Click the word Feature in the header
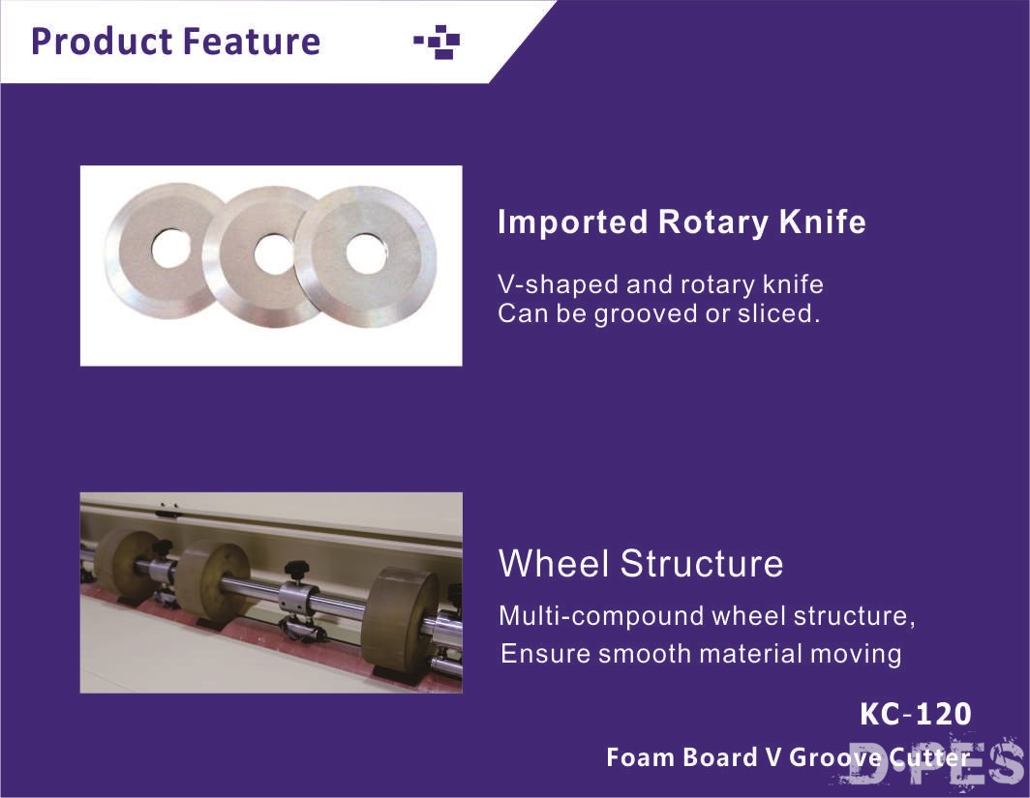[x=252, y=42]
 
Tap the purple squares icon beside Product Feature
[x=437, y=42]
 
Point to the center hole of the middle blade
[x=272, y=253]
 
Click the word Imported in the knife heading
[x=573, y=222]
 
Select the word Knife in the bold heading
[x=823, y=222]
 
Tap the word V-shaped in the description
[x=558, y=285]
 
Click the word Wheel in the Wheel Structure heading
[x=553, y=563]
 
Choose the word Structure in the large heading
[x=702, y=563]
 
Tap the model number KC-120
[x=915, y=714]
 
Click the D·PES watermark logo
[x=936, y=763]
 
